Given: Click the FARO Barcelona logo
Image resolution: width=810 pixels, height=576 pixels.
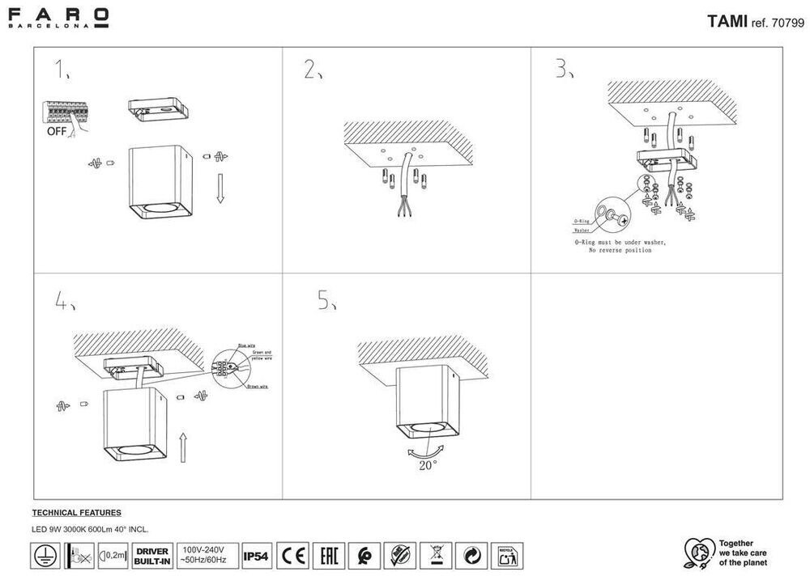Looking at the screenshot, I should pyautogui.click(x=58, y=17).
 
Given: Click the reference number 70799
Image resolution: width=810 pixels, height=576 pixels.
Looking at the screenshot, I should pyautogui.click(x=788, y=23).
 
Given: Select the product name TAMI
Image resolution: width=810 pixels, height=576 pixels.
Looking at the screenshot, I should pyautogui.click(x=727, y=22).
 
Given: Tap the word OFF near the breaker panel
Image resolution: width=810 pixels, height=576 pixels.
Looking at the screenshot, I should pyautogui.click(x=57, y=129).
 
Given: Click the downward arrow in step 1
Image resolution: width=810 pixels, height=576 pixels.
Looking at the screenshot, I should pyautogui.click(x=220, y=188).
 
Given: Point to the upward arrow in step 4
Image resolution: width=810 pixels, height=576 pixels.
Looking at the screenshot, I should pyautogui.click(x=183, y=447).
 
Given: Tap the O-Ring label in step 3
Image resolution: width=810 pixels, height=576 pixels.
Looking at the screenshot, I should pyautogui.click(x=582, y=220).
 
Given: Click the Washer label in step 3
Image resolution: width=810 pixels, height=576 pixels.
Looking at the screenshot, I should pyautogui.click(x=582, y=231).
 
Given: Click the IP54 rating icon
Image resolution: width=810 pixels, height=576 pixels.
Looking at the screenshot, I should pyautogui.click(x=257, y=557).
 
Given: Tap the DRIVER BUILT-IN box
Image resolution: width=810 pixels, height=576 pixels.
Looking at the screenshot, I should pyautogui.click(x=151, y=557).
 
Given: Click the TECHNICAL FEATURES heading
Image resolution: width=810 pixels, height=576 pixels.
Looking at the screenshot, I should pyautogui.click(x=76, y=513).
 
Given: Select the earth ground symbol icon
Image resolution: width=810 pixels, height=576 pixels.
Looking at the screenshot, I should pyautogui.click(x=43, y=557).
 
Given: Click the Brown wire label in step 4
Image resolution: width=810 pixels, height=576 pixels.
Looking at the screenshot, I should pyautogui.click(x=258, y=387).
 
